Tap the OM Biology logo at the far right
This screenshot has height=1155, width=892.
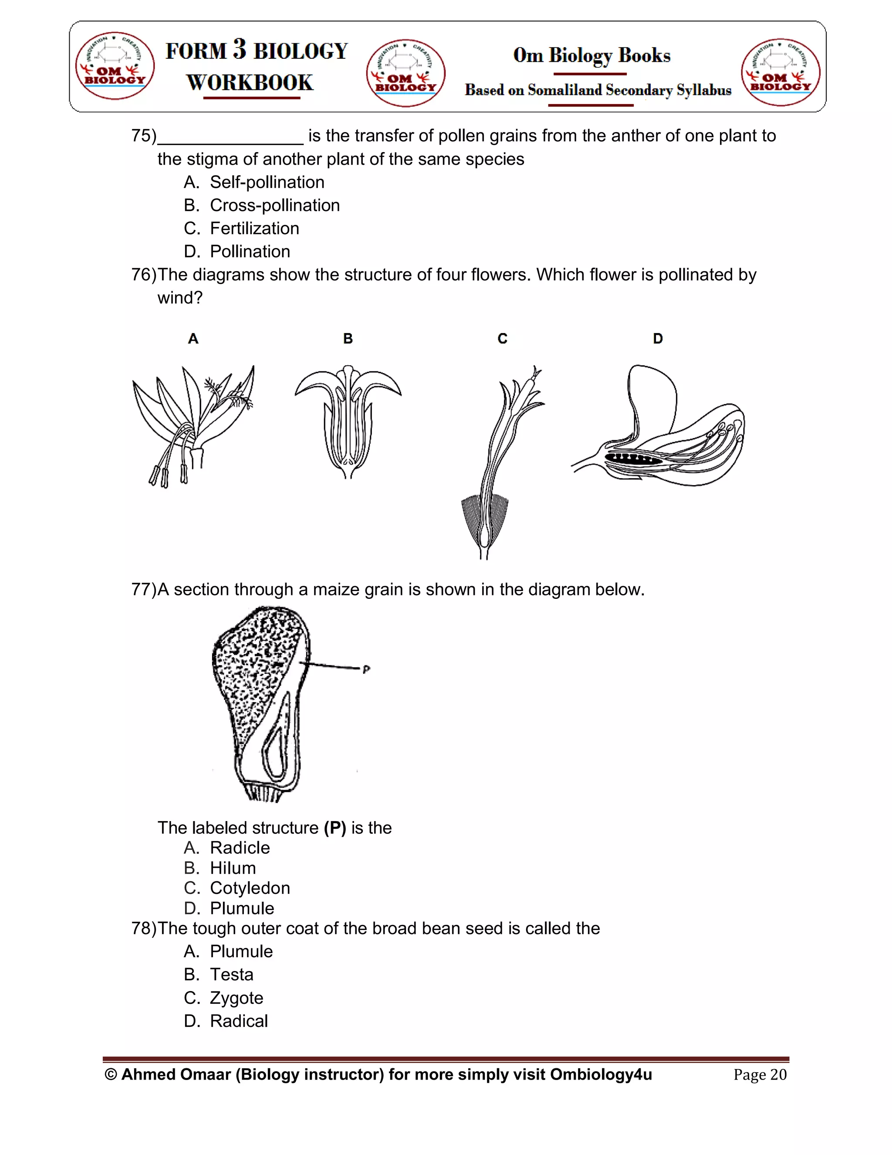[780, 72]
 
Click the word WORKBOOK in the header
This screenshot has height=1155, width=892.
[250, 82]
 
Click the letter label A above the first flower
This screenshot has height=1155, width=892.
[193, 339]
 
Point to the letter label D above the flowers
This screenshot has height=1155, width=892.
[657, 339]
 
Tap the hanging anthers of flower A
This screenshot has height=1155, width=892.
[166, 473]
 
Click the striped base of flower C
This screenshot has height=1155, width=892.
[485, 521]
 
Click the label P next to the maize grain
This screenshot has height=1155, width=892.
[366, 669]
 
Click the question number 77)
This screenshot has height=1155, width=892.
[144, 589]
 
